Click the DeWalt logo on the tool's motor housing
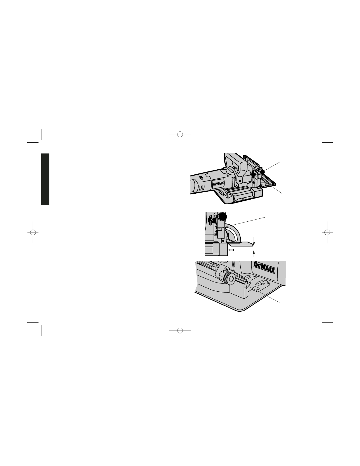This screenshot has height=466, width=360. coord(218,184)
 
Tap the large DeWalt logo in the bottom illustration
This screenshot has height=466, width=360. coord(264,267)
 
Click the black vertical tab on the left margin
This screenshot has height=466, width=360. coord(45,179)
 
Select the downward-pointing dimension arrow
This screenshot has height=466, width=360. coord(254,241)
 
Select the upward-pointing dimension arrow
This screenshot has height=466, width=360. coord(254,253)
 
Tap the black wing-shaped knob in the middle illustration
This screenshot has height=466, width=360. coord(210,220)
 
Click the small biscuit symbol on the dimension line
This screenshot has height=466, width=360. coord(232,250)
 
